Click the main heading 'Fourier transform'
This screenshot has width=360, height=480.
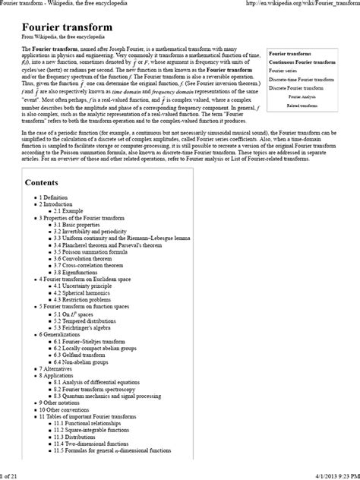click(x=67, y=27)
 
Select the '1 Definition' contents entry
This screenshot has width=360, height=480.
click(x=53, y=197)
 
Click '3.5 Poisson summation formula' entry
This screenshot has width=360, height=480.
click(x=94, y=252)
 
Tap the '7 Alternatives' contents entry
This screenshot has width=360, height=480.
click(x=56, y=368)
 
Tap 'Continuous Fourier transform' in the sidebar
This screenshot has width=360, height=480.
click(x=302, y=62)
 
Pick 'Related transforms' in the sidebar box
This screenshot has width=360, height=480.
click(x=302, y=106)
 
